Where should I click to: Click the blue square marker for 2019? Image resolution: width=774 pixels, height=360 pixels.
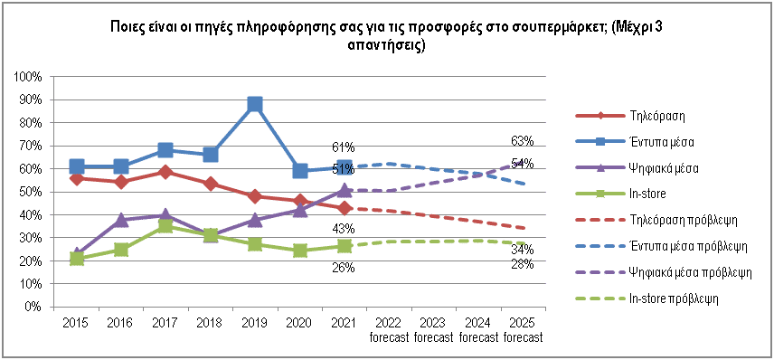255,104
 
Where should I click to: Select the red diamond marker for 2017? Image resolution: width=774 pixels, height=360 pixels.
165,172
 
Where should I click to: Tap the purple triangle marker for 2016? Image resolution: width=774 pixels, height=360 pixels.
121,220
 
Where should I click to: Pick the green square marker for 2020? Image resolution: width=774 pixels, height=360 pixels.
299,251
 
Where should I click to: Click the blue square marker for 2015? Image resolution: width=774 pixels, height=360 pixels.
77,166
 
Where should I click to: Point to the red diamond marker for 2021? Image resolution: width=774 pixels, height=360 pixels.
345,208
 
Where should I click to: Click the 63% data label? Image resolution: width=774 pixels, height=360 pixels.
523,142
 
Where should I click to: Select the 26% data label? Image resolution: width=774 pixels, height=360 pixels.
344,268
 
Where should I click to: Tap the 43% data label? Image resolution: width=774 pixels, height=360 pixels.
344,229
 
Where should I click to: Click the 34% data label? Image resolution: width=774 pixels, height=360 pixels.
523,249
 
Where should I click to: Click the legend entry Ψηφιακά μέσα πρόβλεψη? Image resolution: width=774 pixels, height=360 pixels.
664,272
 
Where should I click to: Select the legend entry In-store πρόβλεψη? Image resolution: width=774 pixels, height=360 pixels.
647,298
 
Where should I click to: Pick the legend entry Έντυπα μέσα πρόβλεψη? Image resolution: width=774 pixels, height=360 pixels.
662,246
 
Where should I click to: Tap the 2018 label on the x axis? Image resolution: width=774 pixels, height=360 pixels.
211,323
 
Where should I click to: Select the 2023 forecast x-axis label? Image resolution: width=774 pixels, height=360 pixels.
433,330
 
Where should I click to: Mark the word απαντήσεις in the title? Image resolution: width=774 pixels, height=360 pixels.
386,47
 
